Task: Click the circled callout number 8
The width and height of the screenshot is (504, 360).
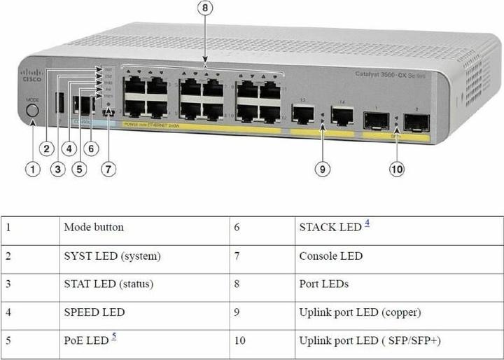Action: click(x=205, y=9)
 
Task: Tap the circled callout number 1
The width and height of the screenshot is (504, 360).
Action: click(x=32, y=169)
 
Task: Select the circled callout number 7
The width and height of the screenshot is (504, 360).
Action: click(x=107, y=169)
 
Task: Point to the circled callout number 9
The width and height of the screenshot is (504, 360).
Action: click(x=321, y=169)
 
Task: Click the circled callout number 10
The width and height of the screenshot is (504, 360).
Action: click(x=397, y=169)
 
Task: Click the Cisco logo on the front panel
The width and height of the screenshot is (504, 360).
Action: click(x=31, y=75)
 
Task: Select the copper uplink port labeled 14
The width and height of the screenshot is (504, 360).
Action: click(x=342, y=115)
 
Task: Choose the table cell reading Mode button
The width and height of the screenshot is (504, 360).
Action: click(x=94, y=228)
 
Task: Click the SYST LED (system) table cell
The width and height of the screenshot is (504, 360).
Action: click(x=112, y=256)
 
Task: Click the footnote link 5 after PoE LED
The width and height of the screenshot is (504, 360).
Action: click(x=114, y=337)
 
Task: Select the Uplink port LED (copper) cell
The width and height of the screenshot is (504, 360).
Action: click(x=360, y=312)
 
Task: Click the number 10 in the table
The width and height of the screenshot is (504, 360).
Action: click(x=240, y=340)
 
